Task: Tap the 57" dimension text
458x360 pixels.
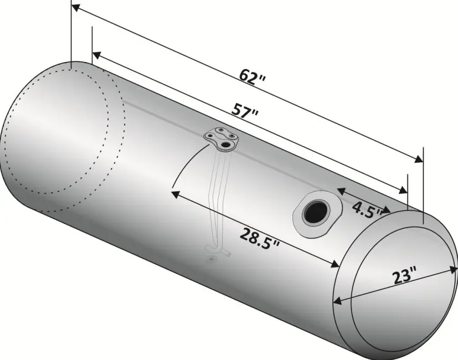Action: [245, 110]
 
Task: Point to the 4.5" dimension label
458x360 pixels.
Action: [367, 209]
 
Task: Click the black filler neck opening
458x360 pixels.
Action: [316, 212]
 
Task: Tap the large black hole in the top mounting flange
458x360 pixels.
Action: [225, 145]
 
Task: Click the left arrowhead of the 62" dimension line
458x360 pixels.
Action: [75, 7]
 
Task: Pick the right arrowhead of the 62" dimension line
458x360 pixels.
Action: [419, 160]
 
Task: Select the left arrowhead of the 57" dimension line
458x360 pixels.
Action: [96, 55]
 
